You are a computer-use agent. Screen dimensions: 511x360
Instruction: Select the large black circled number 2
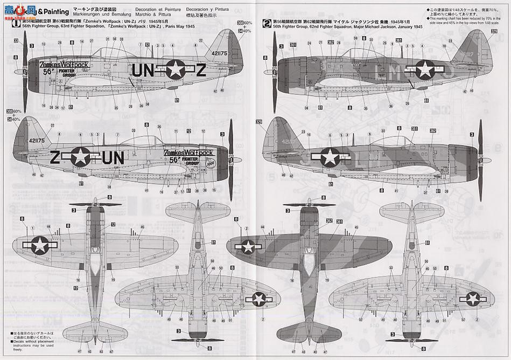click(267, 23)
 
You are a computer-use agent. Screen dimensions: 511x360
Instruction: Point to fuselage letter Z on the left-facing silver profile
click(200, 70)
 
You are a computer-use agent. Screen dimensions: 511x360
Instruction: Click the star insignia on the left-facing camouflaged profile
click(424, 68)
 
